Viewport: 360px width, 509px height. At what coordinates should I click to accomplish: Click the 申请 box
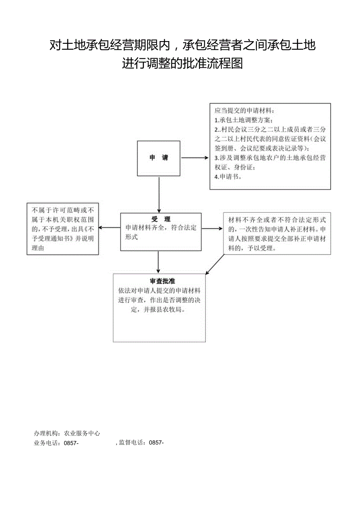click(x=158, y=158)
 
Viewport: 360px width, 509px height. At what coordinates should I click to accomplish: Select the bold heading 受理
click(x=161, y=219)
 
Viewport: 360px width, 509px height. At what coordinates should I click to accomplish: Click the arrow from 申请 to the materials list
click(x=194, y=158)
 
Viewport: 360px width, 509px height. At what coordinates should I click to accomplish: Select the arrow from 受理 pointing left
click(x=109, y=228)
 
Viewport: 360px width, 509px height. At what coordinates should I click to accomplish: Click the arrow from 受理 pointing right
click(x=212, y=228)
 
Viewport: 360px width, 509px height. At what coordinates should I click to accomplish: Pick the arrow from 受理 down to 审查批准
click(x=158, y=262)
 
